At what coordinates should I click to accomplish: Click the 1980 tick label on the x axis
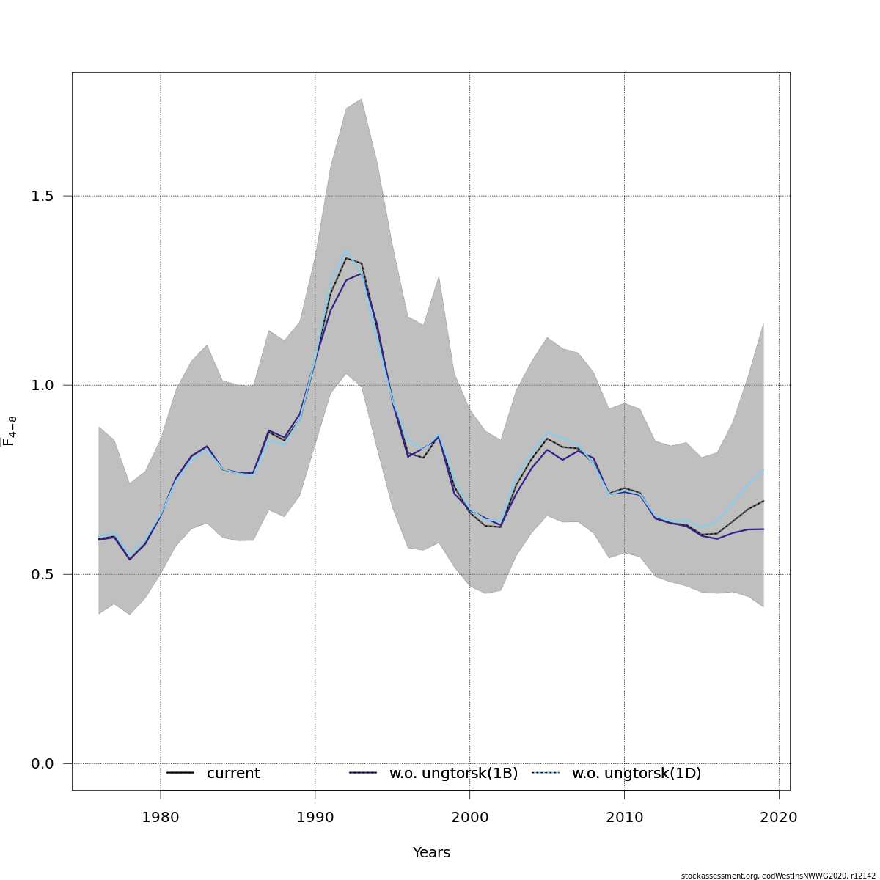(x=160, y=818)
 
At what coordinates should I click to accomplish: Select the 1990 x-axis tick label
(x=315, y=818)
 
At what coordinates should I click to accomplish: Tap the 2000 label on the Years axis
(x=469, y=818)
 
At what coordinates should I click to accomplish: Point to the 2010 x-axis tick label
(x=624, y=818)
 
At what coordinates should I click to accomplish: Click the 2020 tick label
(x=779, y=818)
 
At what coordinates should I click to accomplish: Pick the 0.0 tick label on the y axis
(x=43, y=764)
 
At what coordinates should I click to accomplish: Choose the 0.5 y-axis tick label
(x=43, y=575)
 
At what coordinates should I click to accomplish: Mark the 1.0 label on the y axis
(x=43, y=386)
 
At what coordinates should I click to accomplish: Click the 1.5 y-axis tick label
(x=43, y=197)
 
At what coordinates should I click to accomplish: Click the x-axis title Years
(x=431, y=853)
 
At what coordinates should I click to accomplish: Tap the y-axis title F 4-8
(x=10, y=431)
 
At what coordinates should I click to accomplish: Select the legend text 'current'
(x=233, y=774)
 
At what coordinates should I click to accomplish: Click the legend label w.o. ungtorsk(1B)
(x=453, y=774)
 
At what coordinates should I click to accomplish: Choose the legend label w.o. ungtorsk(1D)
(x=637, y=774)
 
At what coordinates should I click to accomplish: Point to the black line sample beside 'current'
(x=180, y=774)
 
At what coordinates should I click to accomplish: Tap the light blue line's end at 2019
(x=763, y=470)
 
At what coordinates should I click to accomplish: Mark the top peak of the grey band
(x=361, y=99)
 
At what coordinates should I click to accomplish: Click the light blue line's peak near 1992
(x=346, y=249)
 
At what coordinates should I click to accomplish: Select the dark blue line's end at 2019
(x=763, y=529)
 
